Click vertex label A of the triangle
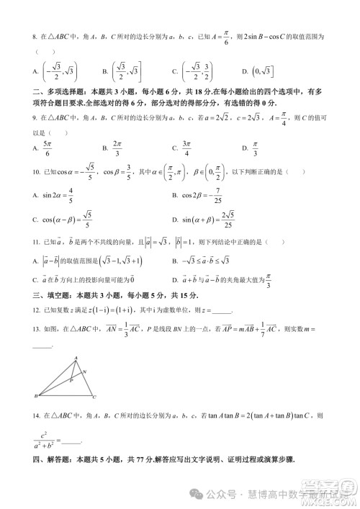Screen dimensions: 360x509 76,358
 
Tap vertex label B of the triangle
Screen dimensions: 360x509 36,395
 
